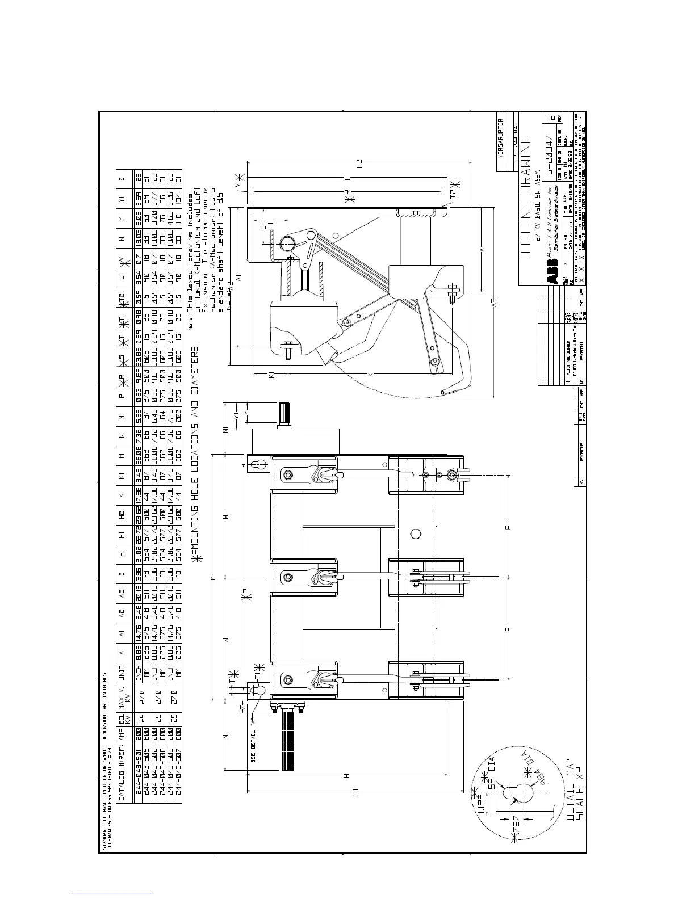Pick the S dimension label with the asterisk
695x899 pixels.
tap(244, 593)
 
